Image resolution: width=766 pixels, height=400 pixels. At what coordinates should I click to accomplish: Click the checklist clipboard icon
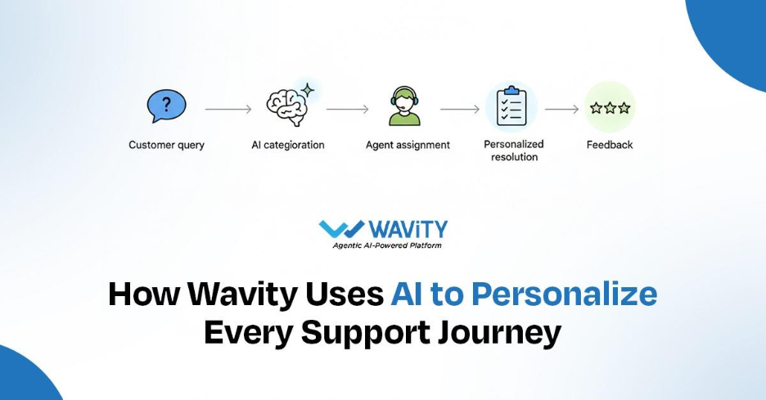point(511,107)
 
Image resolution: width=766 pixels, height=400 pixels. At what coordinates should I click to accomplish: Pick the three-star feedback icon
point(610,107)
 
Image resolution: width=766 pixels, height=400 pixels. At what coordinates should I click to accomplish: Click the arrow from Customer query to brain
point(228,108)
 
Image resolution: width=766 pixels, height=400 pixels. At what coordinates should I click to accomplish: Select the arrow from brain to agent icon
point(347,108)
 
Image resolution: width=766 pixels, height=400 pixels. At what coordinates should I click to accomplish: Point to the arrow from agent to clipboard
point(459,108)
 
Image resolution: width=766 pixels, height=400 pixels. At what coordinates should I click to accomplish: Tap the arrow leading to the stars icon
point(562,108)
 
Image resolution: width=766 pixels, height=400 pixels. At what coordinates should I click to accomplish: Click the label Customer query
point(166,146)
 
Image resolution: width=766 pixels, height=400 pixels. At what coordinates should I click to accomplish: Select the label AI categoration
point(287,146)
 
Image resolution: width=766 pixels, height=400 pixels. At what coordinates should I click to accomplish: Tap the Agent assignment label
point(408,146)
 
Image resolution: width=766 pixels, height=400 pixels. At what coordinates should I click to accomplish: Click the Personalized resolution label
point(514,151)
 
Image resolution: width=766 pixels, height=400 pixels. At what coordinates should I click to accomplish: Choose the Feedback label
point(610,146)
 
